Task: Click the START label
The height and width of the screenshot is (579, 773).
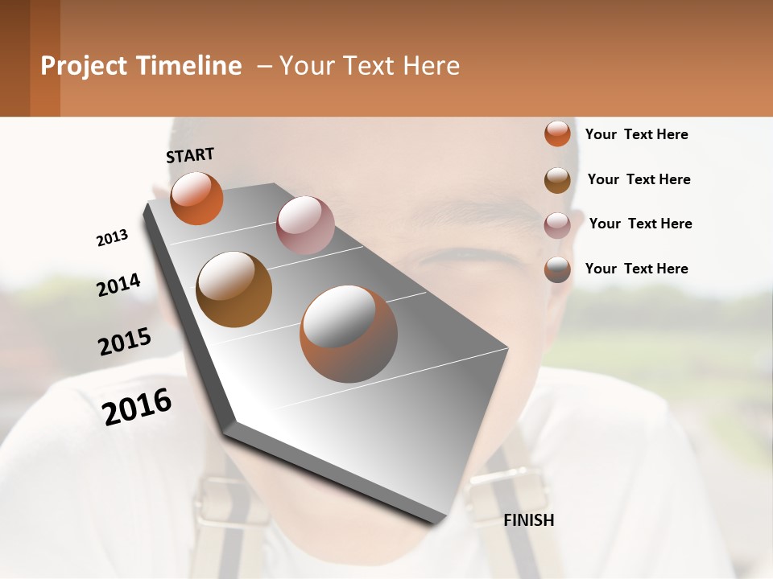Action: coord(190,154)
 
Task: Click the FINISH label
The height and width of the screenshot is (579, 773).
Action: coord(528,520)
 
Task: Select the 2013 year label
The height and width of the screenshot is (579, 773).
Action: coord(112,238)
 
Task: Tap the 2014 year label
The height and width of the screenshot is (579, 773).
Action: coord(118,285)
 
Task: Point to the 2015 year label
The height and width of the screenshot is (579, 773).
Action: coord(125,342)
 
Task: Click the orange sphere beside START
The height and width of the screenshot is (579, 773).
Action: coord(196,199)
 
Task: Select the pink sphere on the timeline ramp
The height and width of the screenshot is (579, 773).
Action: coord(304,225)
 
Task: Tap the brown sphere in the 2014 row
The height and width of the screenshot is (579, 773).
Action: coord(234,289)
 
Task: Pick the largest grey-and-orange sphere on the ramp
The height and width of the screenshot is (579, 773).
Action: coord(348,333)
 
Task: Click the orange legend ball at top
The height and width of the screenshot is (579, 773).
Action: coord(557,133)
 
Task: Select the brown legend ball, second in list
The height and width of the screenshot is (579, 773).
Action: coord(557,179)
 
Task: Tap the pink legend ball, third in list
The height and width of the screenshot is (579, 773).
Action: coord(557,224)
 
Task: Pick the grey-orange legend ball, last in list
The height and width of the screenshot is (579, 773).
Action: coord(557,269)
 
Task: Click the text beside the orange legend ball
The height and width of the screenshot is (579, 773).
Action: coord(636,134)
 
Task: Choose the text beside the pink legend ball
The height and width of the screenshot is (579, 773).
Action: coord(640,224)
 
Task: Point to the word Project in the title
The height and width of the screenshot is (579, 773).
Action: coord(85,66)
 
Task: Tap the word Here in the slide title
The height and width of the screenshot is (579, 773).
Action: coord(432,66)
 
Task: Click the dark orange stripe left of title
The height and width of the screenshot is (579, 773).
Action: coord(45,58)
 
